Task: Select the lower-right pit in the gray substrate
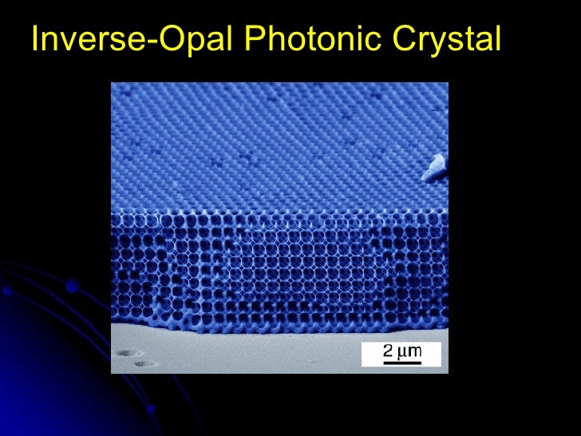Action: coord(143,364)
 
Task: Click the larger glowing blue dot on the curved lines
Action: coord(72,285)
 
